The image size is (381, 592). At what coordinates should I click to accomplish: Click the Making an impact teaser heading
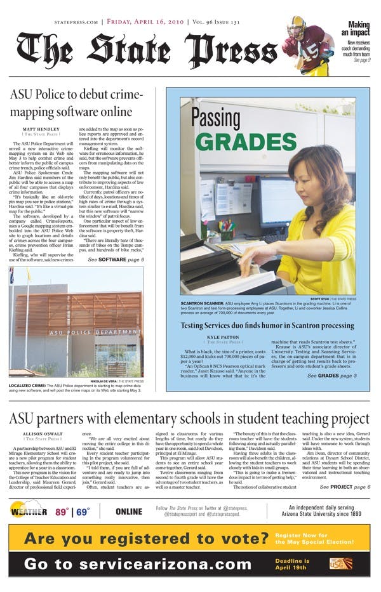(x=359, y=28)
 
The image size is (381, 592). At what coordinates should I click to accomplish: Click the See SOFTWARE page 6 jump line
(x=116, y=260)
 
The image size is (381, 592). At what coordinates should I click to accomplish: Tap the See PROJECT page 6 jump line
(x=344, y=487)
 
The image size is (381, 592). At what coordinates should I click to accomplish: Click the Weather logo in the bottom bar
(x=29, y=511)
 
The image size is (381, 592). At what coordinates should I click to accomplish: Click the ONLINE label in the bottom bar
(x=129, y=511)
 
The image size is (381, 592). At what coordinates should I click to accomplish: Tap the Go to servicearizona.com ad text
(x=138, y=563)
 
